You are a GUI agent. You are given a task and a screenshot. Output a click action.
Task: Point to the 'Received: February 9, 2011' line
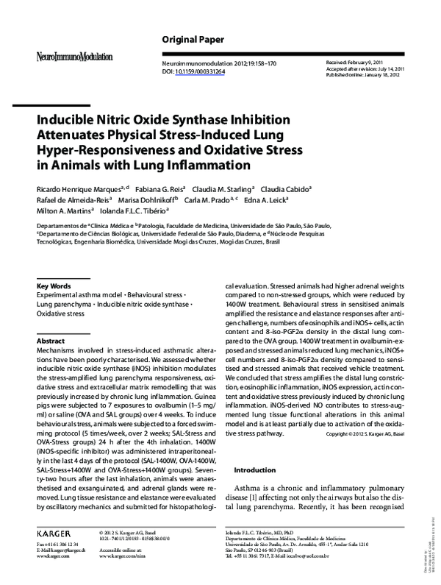pos(355,64)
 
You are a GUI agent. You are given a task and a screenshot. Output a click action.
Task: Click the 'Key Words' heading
pos(54,286)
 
